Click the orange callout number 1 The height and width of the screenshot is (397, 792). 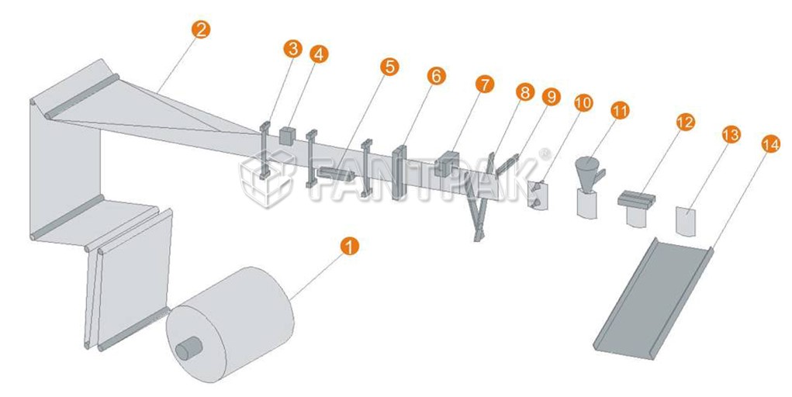coord(350,247)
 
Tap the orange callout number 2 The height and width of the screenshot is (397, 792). coord(201,29)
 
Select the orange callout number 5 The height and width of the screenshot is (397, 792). coord(389,66)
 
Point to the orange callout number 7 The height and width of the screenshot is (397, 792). coord(485,84)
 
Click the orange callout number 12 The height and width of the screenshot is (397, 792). coord(686,122)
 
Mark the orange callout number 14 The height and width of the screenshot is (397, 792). coord(770,144)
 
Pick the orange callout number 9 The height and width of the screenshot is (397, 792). coord(551,96)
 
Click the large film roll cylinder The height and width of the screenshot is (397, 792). coord(230,323)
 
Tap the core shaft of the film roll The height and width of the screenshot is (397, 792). coord(189,348)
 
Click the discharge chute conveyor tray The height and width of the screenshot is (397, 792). coord(653,298)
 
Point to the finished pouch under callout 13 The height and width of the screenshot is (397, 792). coord(686,221)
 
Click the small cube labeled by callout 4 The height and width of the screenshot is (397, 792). coord(287,136)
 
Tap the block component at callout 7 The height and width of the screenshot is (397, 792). coord(445,164)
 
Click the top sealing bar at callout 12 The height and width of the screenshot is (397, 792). coord(636,199)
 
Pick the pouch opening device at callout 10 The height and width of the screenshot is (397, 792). coord(538,195)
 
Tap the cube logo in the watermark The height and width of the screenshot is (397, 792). coord(267,178)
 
